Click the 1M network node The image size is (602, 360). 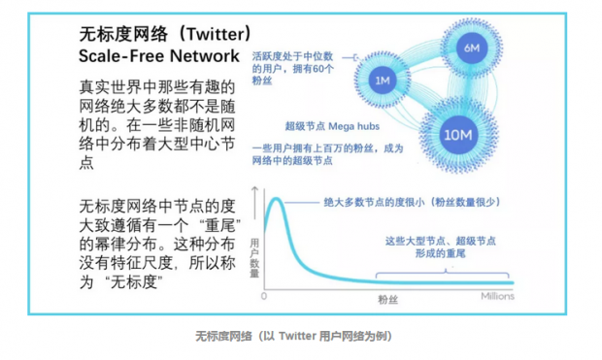click(382, 80)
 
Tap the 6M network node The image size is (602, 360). click(472, 47)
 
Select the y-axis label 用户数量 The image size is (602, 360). click(255, 255)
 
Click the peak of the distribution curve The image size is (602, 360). click(276, 201)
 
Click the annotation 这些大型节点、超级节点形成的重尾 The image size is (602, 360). click(441, 246)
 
